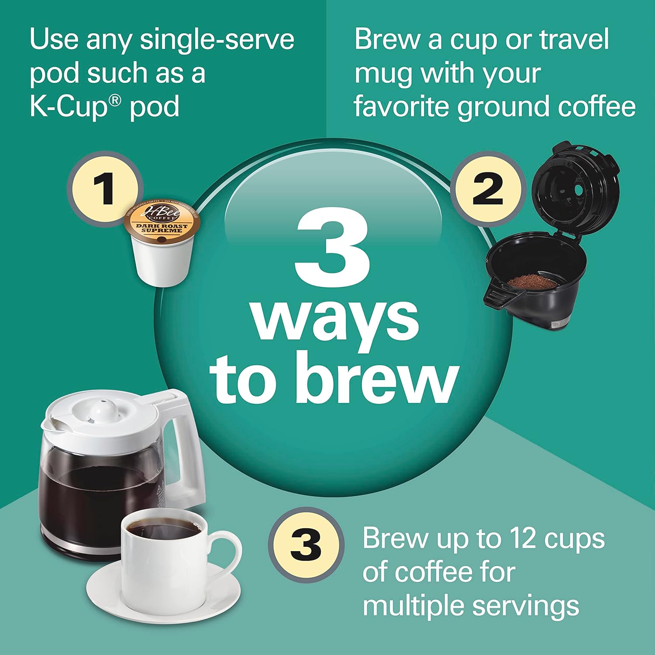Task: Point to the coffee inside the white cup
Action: (x=164, y=530)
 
